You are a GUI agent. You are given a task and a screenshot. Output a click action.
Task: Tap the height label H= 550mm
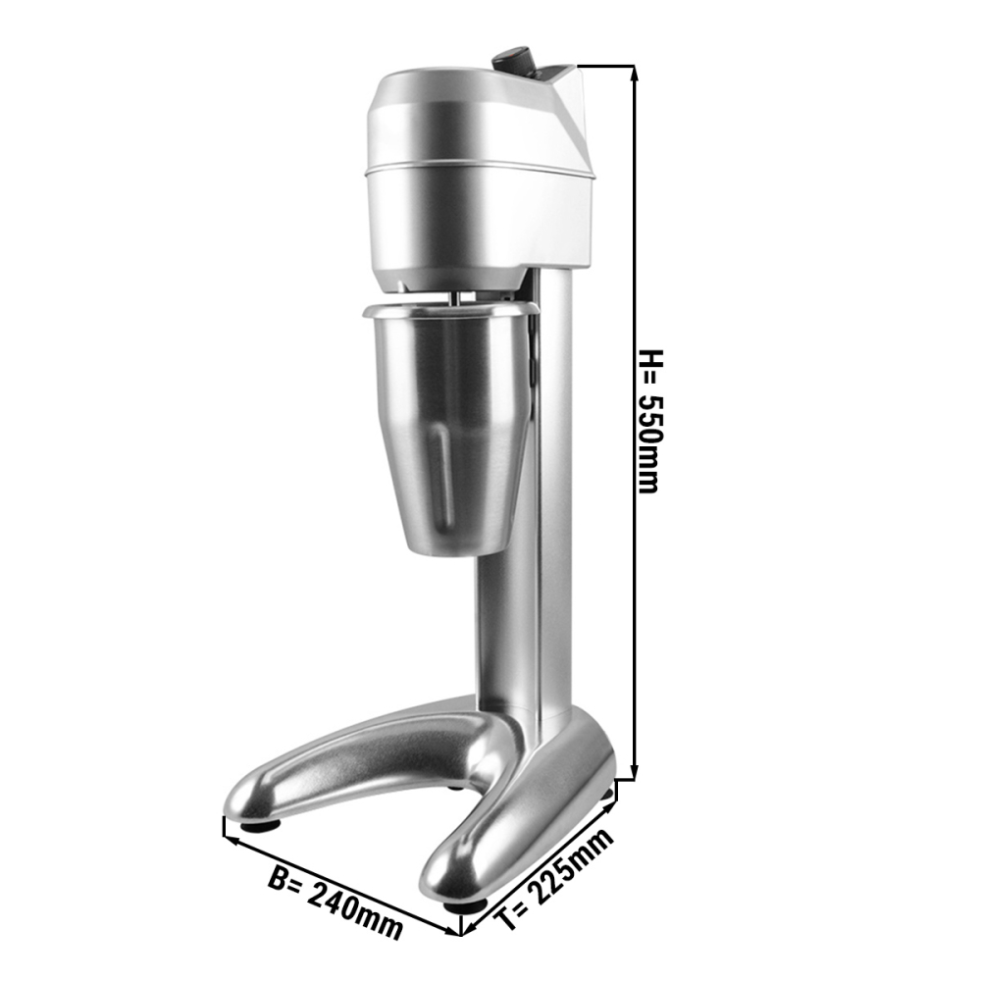(648, 421)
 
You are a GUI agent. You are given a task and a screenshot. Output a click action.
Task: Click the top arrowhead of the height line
(634, 73)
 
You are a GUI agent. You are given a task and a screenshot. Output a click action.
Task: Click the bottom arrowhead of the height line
(634, 773)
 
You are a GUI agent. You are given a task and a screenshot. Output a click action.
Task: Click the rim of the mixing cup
(450, 308)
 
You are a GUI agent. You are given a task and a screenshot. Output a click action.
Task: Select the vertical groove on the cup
(444, 477)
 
